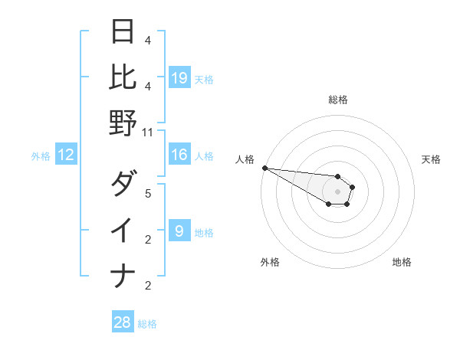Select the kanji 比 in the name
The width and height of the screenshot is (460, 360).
[123, 77]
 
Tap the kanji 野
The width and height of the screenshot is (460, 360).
[123, 123]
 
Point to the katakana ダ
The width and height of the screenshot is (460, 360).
[123, 184]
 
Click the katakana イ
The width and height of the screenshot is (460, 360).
[123, 230]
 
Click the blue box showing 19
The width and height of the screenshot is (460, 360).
[179, 77]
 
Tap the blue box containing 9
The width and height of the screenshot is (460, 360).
[179, 231]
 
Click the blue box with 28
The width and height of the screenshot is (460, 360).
[123, 322]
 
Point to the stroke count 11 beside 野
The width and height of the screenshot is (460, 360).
[148, 133]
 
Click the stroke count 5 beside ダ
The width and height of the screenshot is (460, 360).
[148, 194]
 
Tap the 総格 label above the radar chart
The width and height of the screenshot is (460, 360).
[337, 100]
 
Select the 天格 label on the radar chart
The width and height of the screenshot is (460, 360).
[431, 159]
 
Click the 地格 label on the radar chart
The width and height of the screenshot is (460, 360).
[402, 262]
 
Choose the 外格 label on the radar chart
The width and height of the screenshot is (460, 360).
[270, 262]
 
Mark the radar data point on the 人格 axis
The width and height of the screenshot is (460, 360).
[264, 168]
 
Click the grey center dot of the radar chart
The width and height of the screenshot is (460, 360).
[337, 191]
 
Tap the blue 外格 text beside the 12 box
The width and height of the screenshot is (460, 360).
[41, 156]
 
